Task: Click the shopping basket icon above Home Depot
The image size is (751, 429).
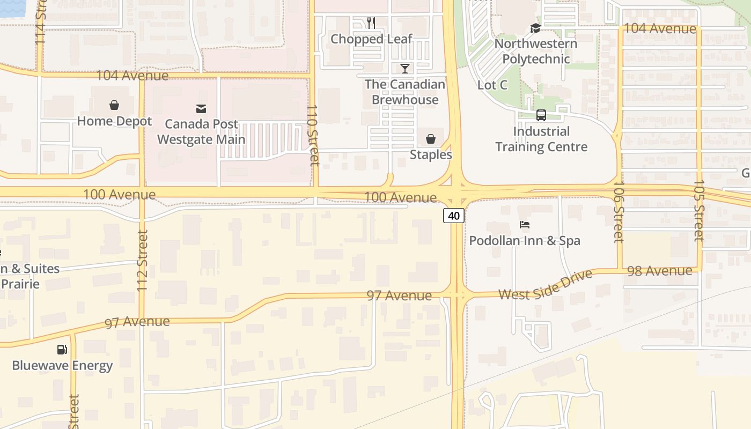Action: (114, 105)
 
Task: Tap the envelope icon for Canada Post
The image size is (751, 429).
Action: (201, 109)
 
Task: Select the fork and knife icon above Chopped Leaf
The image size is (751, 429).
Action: (371, 23)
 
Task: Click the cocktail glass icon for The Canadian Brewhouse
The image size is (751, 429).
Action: (405, 68)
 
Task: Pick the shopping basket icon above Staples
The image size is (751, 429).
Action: (431, 139)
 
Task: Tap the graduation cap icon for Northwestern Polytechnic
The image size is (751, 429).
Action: (535, 28)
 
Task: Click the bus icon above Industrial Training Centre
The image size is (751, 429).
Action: (541, 115)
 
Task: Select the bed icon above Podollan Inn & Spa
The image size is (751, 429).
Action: (525, 225)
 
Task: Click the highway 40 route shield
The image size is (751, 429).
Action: (454, 216)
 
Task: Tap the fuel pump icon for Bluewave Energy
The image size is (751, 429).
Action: (62, 350)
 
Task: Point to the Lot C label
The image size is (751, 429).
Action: (492, 85)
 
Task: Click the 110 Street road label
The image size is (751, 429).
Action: (313, 134)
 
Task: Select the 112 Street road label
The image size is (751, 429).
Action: (142, 261)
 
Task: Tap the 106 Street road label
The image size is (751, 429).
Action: (619, 211)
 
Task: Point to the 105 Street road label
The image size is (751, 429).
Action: (698, 210)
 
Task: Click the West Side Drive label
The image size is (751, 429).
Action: (546, 285)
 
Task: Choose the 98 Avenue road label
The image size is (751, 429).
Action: (659, 271)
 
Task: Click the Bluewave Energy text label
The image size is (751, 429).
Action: (62, 366)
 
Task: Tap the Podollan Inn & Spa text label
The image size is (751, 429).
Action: (525, 241)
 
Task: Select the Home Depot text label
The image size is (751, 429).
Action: (114, 121)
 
